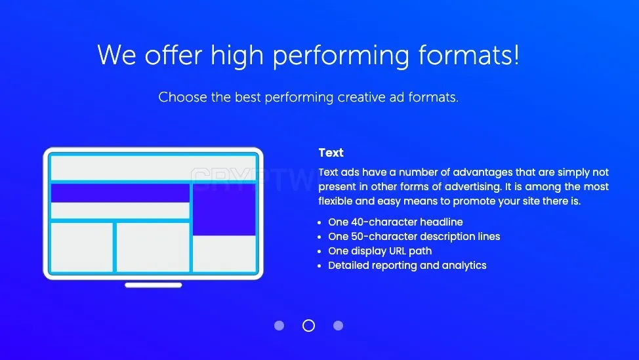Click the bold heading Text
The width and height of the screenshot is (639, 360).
[x=331, y=153]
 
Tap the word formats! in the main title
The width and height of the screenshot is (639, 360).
[x=468, y=55]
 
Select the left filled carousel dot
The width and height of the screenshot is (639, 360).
[x=279, y=325]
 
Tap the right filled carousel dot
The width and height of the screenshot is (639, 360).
[x=339, y=325]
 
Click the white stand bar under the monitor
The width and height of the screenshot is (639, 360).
[x=154, y=285]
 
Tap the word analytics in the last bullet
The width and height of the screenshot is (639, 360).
[x=464, y=266]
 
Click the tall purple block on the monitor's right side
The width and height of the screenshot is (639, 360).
[x=224, y=209]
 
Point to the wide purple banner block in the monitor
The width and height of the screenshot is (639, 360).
[x=120, y=193]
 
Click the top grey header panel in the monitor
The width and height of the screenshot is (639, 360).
[x=154, y=168]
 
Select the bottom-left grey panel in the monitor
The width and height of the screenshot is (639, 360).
[x=81, y=247]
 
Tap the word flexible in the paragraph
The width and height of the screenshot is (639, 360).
[x=335, y=201]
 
